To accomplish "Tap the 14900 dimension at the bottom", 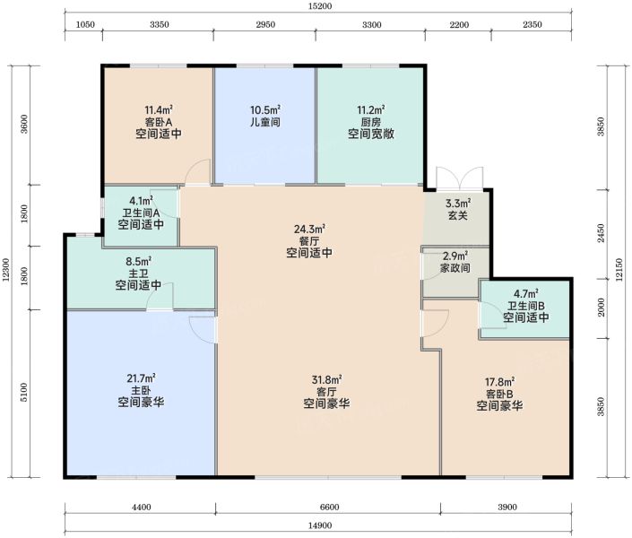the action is coord(320,525).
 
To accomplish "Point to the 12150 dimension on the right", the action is coord(620,270).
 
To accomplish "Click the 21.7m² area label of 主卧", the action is coord(141,378).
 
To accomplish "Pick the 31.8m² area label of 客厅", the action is coord(327,379).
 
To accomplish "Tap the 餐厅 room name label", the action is coord(309,241).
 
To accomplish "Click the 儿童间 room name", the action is coord(264,122).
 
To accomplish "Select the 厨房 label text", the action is coord(371,122).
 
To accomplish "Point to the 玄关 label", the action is coord(458,215).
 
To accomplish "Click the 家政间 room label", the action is coord(455,268).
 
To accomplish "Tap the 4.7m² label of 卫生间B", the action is coord(526,293).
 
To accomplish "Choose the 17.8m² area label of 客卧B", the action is coord(500,381).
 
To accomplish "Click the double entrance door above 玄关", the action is coord(460,178).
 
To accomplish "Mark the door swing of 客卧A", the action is coord(197,171).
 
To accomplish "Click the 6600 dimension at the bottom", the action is coord(329,507).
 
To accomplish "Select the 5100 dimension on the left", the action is coord(24,392).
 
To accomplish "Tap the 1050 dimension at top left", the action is coord(85,24).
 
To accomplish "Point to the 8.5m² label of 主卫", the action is coord(139,261).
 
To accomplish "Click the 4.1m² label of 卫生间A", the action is coord(141,201).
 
